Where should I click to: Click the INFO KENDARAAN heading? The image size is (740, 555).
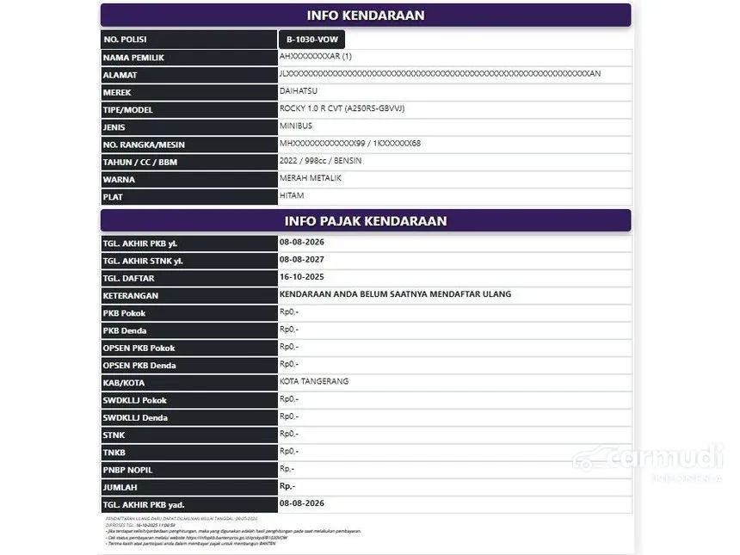pos(366,15)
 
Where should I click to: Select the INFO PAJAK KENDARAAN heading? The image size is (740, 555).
pos(366,221)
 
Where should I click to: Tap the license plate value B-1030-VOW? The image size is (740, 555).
pos(311,40)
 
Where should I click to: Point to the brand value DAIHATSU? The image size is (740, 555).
pos(299,90)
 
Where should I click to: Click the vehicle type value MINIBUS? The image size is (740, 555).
pos(297,126)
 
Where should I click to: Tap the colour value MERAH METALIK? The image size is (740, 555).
pos(310,178)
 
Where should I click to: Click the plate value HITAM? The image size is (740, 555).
pos(292,196)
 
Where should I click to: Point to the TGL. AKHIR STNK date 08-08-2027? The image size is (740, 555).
pos(302,260)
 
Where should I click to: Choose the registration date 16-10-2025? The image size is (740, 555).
pos(302,277)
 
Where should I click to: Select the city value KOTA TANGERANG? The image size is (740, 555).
pos(314,381)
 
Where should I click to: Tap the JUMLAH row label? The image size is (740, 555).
pos(121,487)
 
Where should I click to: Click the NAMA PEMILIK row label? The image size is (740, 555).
pos(133,58)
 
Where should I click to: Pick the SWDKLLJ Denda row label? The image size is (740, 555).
pos(135,417)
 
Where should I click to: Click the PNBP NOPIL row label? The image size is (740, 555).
pos(128,470)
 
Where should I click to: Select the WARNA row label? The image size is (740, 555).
pos(119,179)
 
